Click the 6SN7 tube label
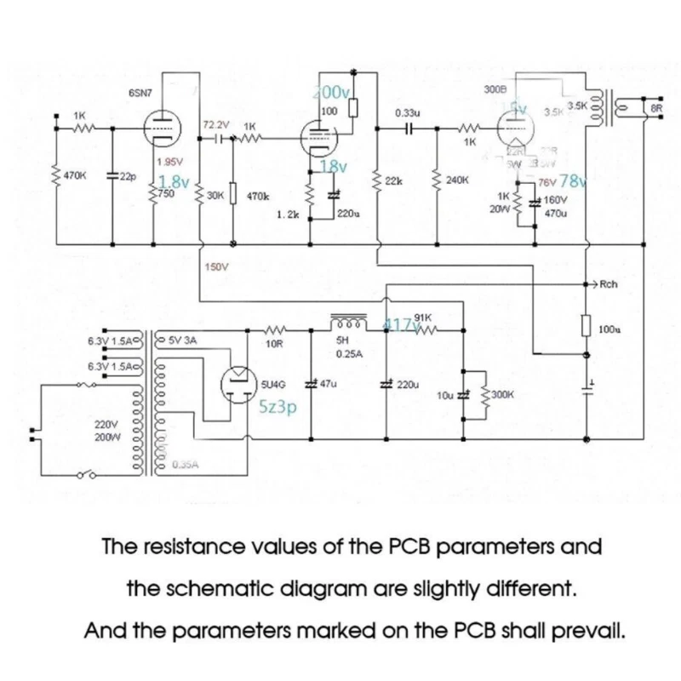tap(140, 91)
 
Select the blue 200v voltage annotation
tap(332, 92)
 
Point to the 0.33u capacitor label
tap(407, 112)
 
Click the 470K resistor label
tap(75, 175)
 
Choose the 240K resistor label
tap(458, 180)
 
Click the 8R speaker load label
tap(656, 108)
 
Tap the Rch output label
tap(609, 284)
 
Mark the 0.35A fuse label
tap(185, 465)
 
